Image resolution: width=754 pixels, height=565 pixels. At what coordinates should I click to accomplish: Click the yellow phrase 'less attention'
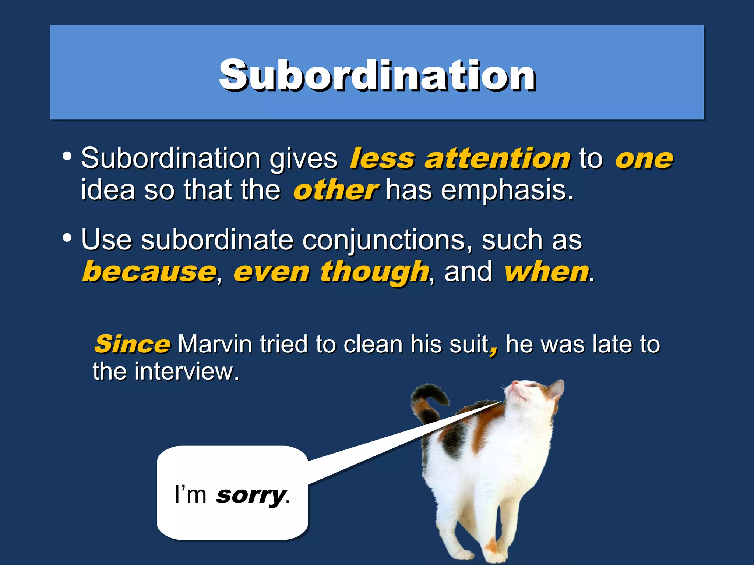(x=460, y=159)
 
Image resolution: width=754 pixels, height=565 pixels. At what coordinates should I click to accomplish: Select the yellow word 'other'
(x=335, y=191)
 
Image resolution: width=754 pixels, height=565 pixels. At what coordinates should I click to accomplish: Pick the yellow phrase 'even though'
(x=331, y=272)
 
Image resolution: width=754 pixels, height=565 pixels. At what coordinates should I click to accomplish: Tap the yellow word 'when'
(x=547, y=272)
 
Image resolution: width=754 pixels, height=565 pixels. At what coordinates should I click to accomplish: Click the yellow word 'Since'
(x=132, y=344)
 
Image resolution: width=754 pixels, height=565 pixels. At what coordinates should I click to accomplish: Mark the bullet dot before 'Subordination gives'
(x=67, y=156)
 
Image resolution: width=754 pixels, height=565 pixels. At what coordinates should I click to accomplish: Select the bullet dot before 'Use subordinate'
(x=67, y=238)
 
